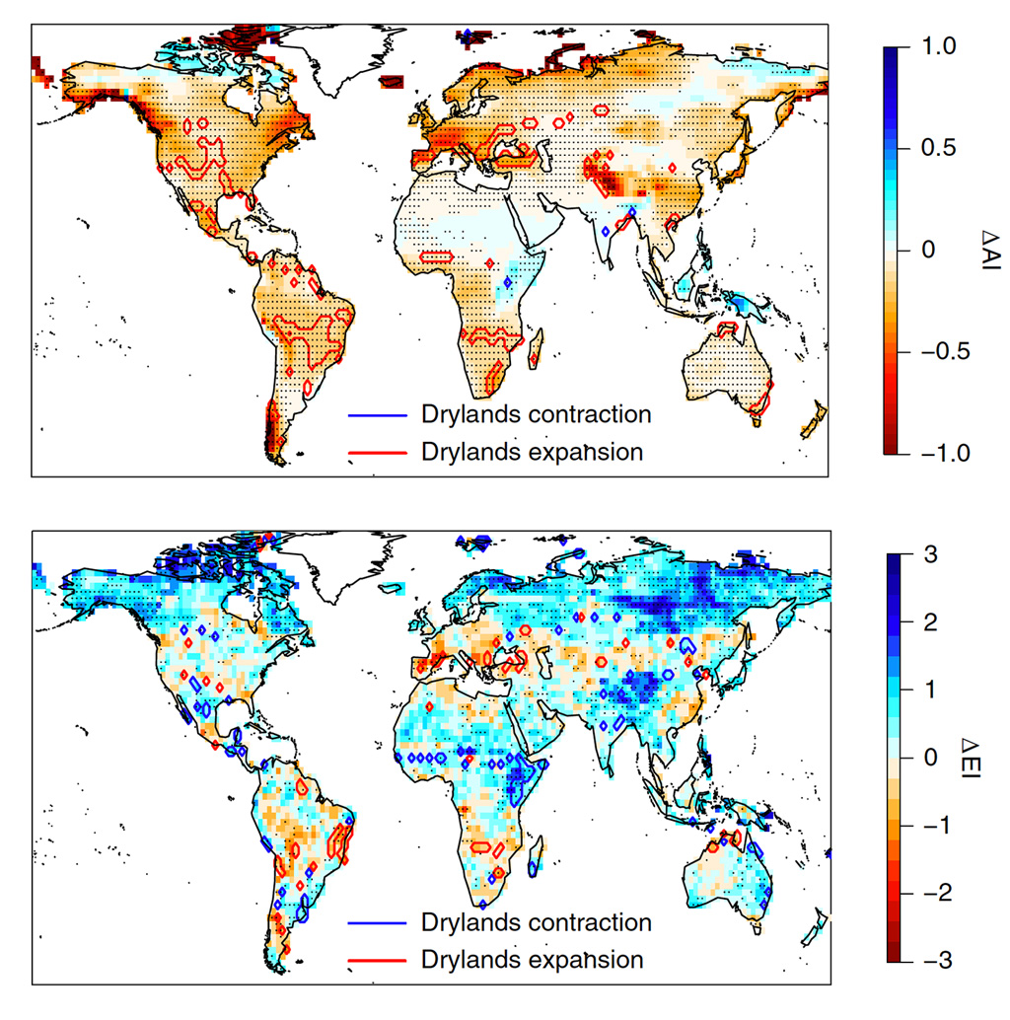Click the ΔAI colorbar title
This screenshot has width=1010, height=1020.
point(987,250)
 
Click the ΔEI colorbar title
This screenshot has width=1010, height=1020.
point(987,758)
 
